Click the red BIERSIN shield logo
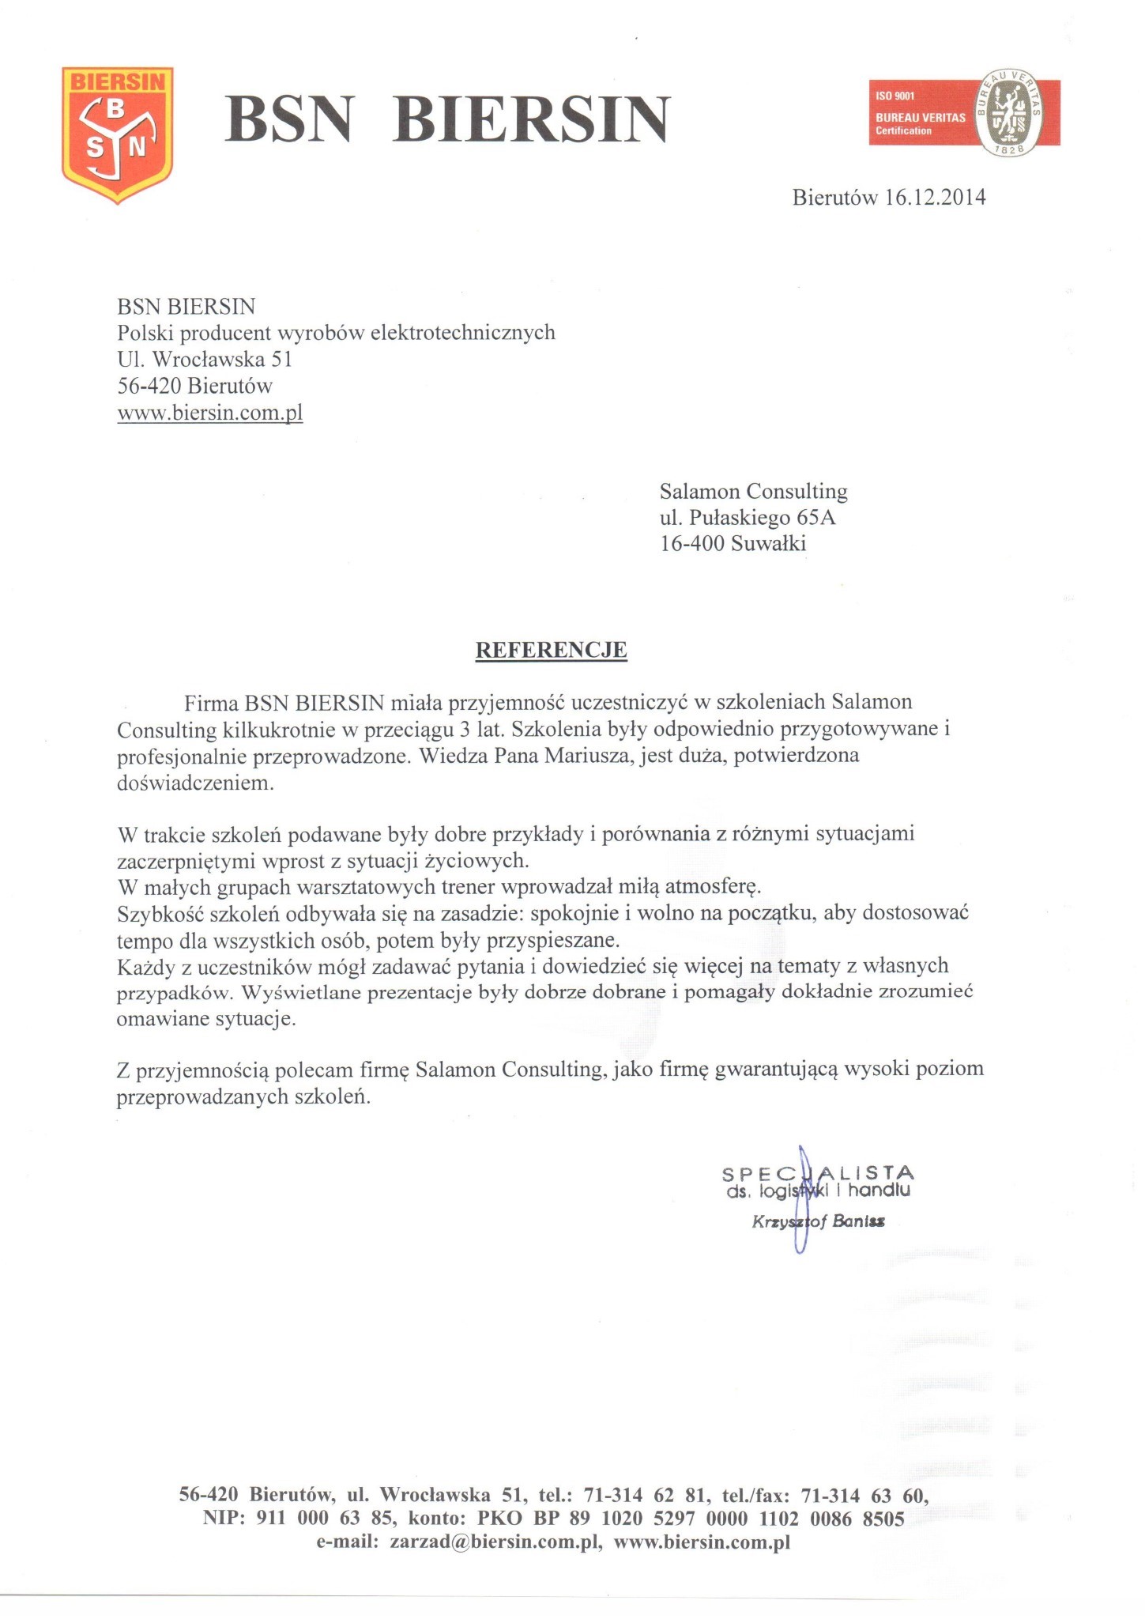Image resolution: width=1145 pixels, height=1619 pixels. (117, 134)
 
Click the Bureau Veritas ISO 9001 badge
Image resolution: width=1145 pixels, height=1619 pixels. (964, 113)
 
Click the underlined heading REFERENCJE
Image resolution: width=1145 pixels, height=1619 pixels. (551, 650)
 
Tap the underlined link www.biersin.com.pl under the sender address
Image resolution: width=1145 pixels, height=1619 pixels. (210, 413)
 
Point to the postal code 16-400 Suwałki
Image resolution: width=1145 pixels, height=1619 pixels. (733, 544)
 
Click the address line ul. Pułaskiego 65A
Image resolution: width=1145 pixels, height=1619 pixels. (748, 518)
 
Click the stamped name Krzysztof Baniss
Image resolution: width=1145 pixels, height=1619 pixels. (819, 1221)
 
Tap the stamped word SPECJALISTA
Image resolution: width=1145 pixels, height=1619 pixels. (818, 1173)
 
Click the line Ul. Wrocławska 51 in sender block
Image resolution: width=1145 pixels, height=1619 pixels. (205, 360)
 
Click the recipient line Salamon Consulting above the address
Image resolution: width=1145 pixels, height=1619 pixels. (753, 492)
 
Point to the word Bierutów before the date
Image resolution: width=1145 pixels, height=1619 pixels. (834, 197)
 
